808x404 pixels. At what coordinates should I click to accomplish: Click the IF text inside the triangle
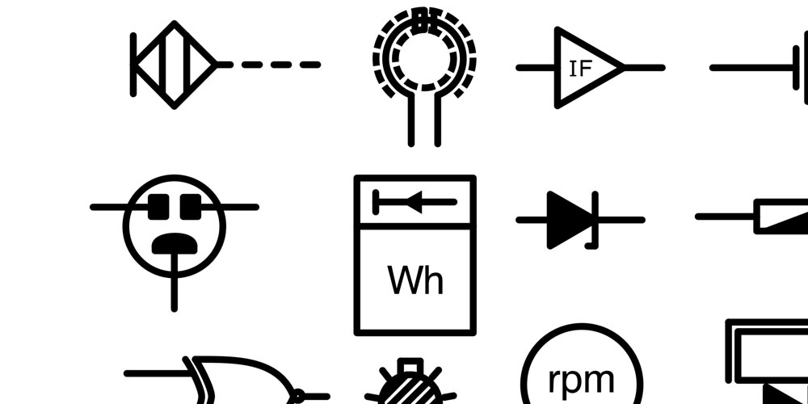580,69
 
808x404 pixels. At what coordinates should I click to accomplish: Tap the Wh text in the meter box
415,280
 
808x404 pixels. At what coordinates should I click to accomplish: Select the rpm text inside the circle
581,378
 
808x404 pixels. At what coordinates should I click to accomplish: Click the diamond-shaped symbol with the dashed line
174,65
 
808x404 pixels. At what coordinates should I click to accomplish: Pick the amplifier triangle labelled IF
587,68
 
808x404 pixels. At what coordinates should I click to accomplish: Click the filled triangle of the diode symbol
568,219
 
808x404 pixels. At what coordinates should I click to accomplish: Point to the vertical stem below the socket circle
174,291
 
